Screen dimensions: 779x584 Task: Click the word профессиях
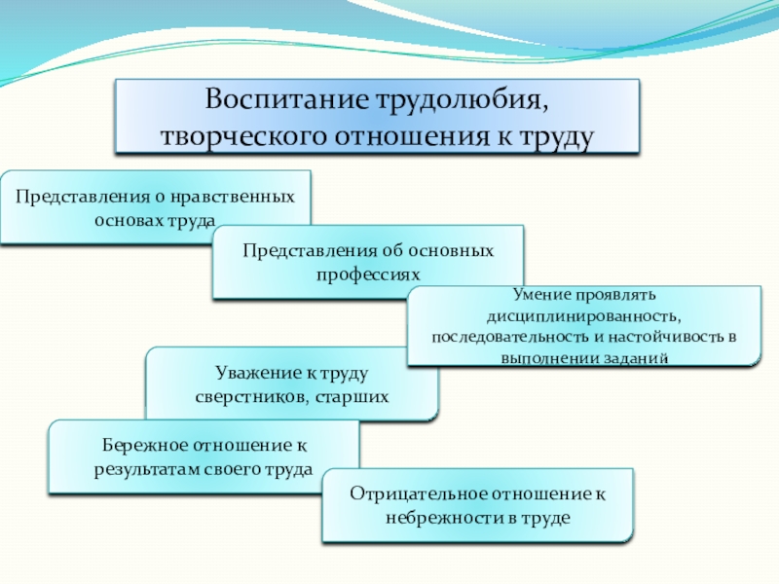point(368,274)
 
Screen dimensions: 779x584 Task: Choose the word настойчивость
point(667,337)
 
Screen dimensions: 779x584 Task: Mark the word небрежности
point(434,518)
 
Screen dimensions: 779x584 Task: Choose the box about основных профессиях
point(368,262)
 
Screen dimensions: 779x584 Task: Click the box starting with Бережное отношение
point(204,457)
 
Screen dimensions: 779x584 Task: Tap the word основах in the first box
point(127,220)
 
